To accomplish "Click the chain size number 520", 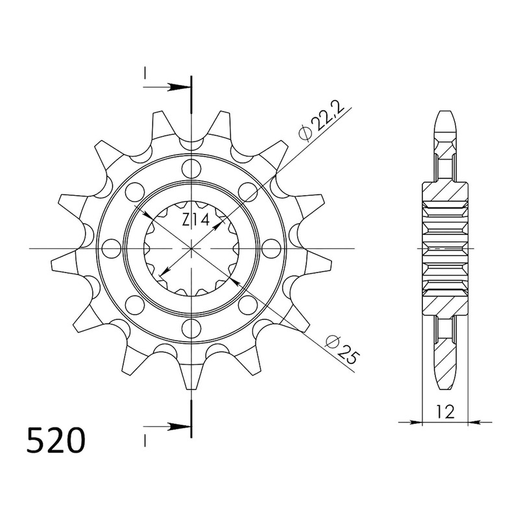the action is click(x=56, y=441).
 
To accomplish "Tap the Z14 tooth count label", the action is click(x=196, y=220).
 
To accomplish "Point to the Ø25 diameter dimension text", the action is click(x=342, y=350).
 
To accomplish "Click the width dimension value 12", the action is click(x=445, y=412).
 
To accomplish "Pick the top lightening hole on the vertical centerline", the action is click(x=191, y=169).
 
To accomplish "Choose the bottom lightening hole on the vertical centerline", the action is click(x=191, y=328).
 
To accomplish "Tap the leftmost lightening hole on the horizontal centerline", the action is click(x=112, y=248).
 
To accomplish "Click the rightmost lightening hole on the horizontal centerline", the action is click(x=271, y=248).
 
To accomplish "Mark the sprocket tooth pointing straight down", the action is click(x=191, y=376).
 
